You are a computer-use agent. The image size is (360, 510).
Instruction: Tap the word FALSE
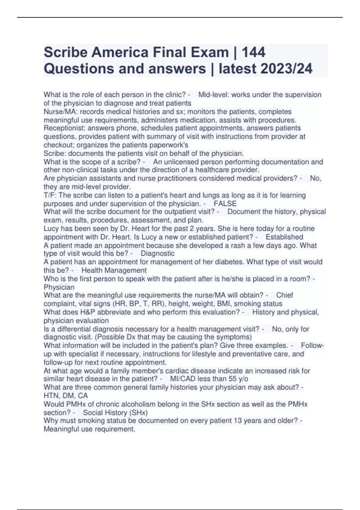(x=225, y=204)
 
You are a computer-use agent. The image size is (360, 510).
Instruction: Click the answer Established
(x=284, y=237)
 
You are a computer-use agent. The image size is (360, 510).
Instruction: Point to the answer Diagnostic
(x=157, y=253)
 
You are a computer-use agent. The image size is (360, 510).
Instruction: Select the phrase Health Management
(x=114, y=270)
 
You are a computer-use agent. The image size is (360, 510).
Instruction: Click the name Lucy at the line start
(x=51, y=229)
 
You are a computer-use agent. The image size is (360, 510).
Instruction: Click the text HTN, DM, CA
(x=66, y=396)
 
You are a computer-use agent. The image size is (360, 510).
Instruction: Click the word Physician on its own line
(x=59, y=287)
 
